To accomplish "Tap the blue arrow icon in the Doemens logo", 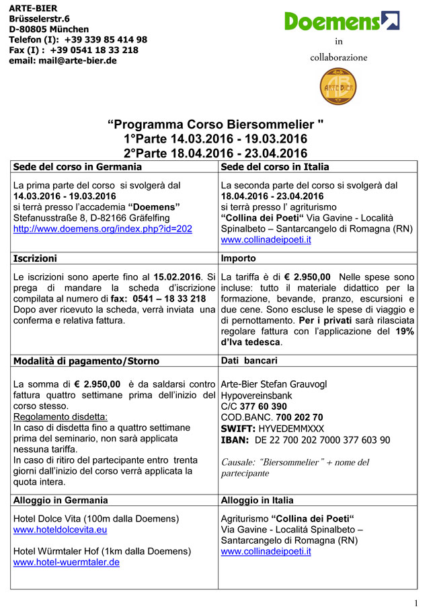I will pos(390,20).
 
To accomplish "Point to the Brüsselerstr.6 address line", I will pos(39,19).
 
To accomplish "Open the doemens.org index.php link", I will pos(103,229).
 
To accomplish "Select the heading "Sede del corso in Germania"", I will pos(77,167).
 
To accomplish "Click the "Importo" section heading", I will pos(238,258).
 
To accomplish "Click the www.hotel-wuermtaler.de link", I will pos(67,562).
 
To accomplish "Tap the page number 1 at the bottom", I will pos(417,603).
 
